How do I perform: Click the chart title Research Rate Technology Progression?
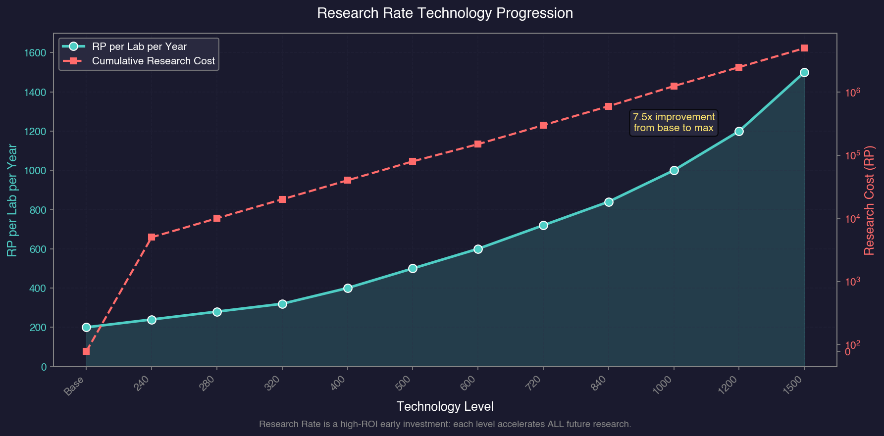(445, 13)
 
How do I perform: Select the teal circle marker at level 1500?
(804, 72)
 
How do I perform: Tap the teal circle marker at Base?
(86, 327)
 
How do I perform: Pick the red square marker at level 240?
(152, 237)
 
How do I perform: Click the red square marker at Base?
(86, 351)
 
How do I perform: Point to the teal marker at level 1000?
(674, 170)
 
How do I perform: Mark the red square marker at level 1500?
(804, 48)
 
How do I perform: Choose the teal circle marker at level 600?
(478, 249)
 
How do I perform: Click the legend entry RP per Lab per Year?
(139, 47)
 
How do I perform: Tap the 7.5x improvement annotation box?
(674, 122)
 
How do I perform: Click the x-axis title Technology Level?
(445, 407)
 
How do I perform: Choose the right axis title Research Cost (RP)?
(870, 200)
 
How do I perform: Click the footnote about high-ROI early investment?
(445, 424)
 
